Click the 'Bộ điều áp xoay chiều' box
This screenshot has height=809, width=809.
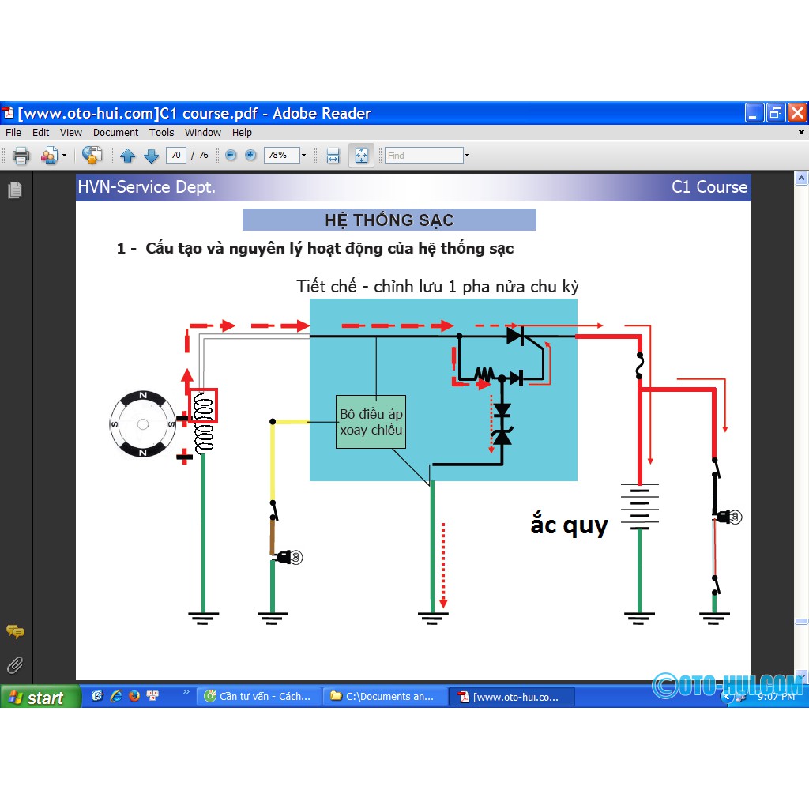371,422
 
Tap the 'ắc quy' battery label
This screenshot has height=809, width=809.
569,525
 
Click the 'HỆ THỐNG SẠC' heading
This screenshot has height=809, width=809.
389,220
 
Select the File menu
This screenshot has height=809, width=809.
13,133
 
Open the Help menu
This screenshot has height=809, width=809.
242,133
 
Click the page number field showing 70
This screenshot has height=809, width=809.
176,155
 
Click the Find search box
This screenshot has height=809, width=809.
423,156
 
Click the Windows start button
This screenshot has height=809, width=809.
40,697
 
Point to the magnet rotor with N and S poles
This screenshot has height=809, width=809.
143,424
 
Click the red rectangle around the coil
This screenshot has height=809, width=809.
204,406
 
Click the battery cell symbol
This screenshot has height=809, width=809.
639,506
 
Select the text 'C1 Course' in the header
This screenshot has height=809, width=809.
709,187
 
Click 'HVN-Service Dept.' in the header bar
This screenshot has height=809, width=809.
146,187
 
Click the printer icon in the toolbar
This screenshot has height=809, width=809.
21,156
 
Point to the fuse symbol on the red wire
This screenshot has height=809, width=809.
639,366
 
